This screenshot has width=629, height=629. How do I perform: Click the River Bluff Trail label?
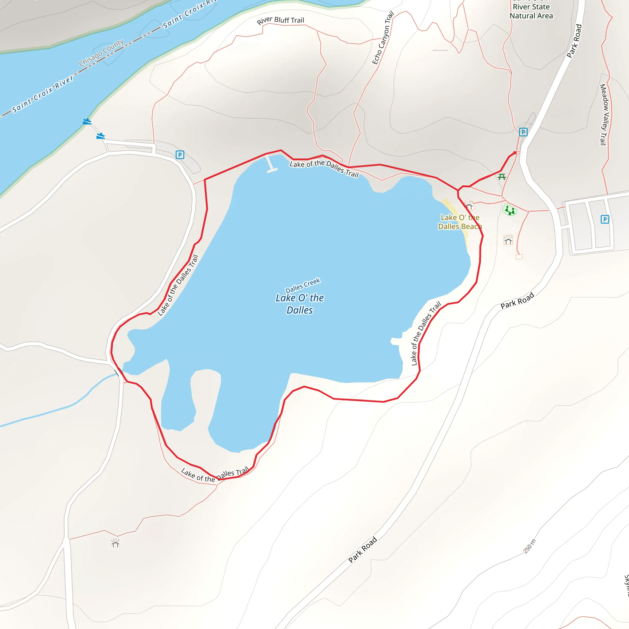point(280,20)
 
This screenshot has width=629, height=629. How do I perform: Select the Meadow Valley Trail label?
point(603,115)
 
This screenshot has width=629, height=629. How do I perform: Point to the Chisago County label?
point(101,53)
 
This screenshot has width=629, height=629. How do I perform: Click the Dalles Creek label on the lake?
point(303,286)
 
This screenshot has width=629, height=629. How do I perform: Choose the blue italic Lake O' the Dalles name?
point(299,304)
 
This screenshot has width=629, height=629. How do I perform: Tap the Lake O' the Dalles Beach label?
point(460,222)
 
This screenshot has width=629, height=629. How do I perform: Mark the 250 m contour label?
point(529,546)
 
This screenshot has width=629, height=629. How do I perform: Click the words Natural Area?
point(531,16)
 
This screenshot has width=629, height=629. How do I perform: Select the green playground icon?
point(510,210)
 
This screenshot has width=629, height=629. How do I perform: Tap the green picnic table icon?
point(502,177)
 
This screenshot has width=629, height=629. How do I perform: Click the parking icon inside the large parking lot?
point(604,219)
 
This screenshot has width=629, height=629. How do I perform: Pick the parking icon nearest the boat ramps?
point(180,155)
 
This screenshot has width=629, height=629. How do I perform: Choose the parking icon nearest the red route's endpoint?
point(523,132)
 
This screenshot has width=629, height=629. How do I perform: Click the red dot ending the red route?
point(514,153)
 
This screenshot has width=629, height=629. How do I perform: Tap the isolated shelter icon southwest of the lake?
point(115,543)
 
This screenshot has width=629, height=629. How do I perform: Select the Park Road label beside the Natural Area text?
point(574,41)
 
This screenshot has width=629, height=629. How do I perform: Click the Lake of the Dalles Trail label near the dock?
point(324,168)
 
